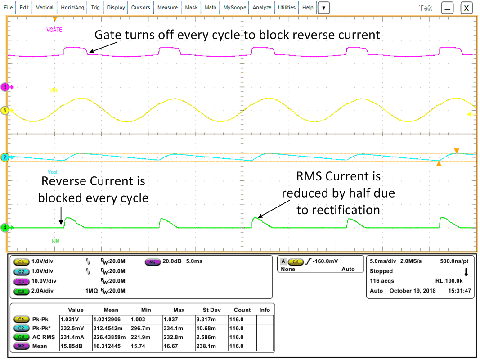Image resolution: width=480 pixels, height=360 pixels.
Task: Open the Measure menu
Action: point(167,8)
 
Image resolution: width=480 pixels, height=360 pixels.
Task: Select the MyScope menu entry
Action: point(235,8)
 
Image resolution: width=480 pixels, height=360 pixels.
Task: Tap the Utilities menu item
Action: point(287,8)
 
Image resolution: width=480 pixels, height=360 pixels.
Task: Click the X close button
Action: point(467,8)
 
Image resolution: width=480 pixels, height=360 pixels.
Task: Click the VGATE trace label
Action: point(54,30)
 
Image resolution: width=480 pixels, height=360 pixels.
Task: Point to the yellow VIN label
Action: point(54,90)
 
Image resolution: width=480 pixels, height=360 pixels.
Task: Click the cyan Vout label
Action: point(53,172)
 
